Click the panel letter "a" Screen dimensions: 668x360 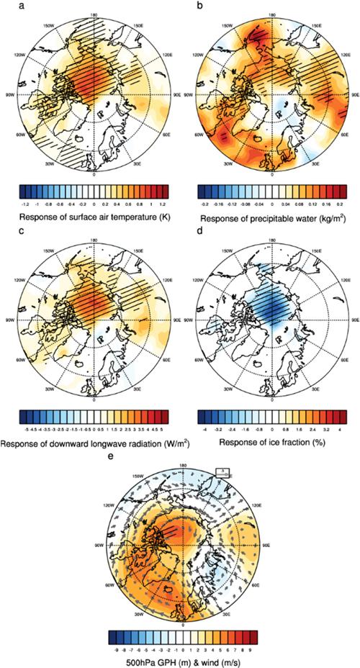6,5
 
